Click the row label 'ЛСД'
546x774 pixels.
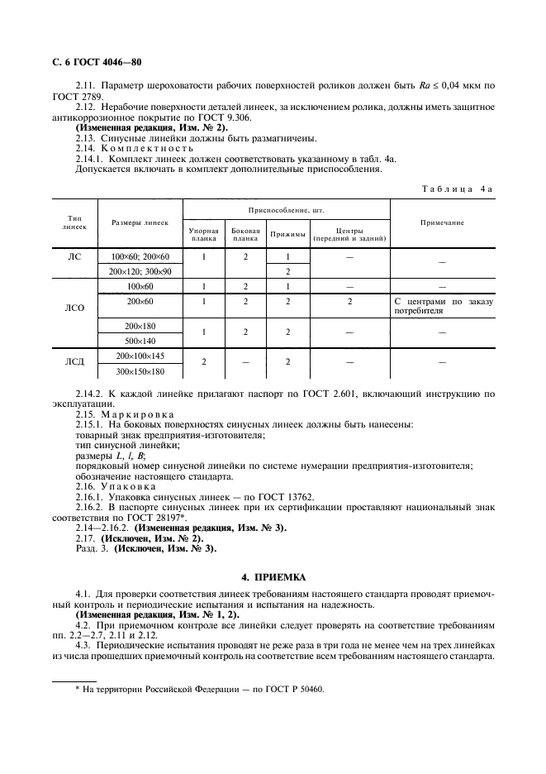[75, 362]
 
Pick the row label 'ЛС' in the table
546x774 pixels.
[75, 257]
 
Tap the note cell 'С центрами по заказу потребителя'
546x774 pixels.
[444, 307]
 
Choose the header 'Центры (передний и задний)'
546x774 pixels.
[349, 235]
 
